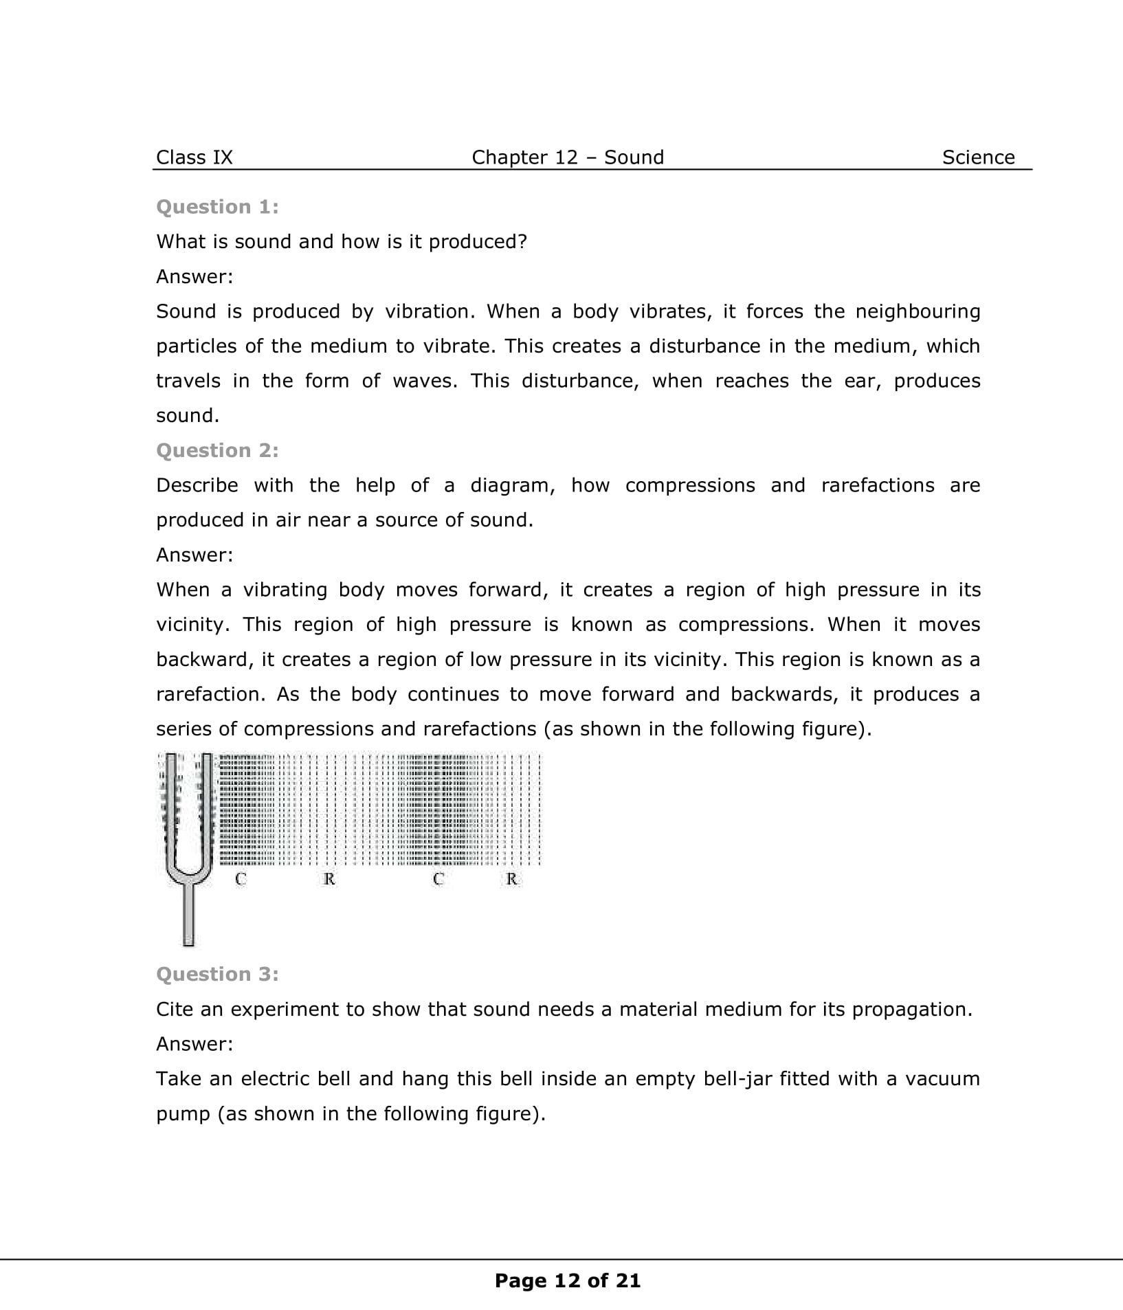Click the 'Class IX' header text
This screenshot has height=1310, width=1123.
pos(194,157)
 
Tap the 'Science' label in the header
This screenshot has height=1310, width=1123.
pos(978,157)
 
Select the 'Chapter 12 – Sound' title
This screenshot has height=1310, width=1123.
pos(568,157)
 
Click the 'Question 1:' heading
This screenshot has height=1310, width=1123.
pos(217,207)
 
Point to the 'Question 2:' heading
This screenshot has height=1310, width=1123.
pos(217,450)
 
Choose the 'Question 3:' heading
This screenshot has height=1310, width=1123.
pos(217,974)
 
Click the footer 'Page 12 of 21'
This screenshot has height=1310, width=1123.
pos(568,1280)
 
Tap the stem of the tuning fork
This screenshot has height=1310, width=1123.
pos(188,914)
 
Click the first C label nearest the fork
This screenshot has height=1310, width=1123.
pos(241,878)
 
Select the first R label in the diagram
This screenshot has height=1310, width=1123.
pos(329,878)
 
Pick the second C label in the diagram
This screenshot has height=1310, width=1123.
pos(438,878)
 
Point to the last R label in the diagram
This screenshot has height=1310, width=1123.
pos(512,878)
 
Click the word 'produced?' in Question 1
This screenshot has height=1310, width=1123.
pos(478,242)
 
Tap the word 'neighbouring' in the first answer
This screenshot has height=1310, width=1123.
pos(918,311)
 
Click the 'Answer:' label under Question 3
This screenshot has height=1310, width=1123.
pos(194,1044)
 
